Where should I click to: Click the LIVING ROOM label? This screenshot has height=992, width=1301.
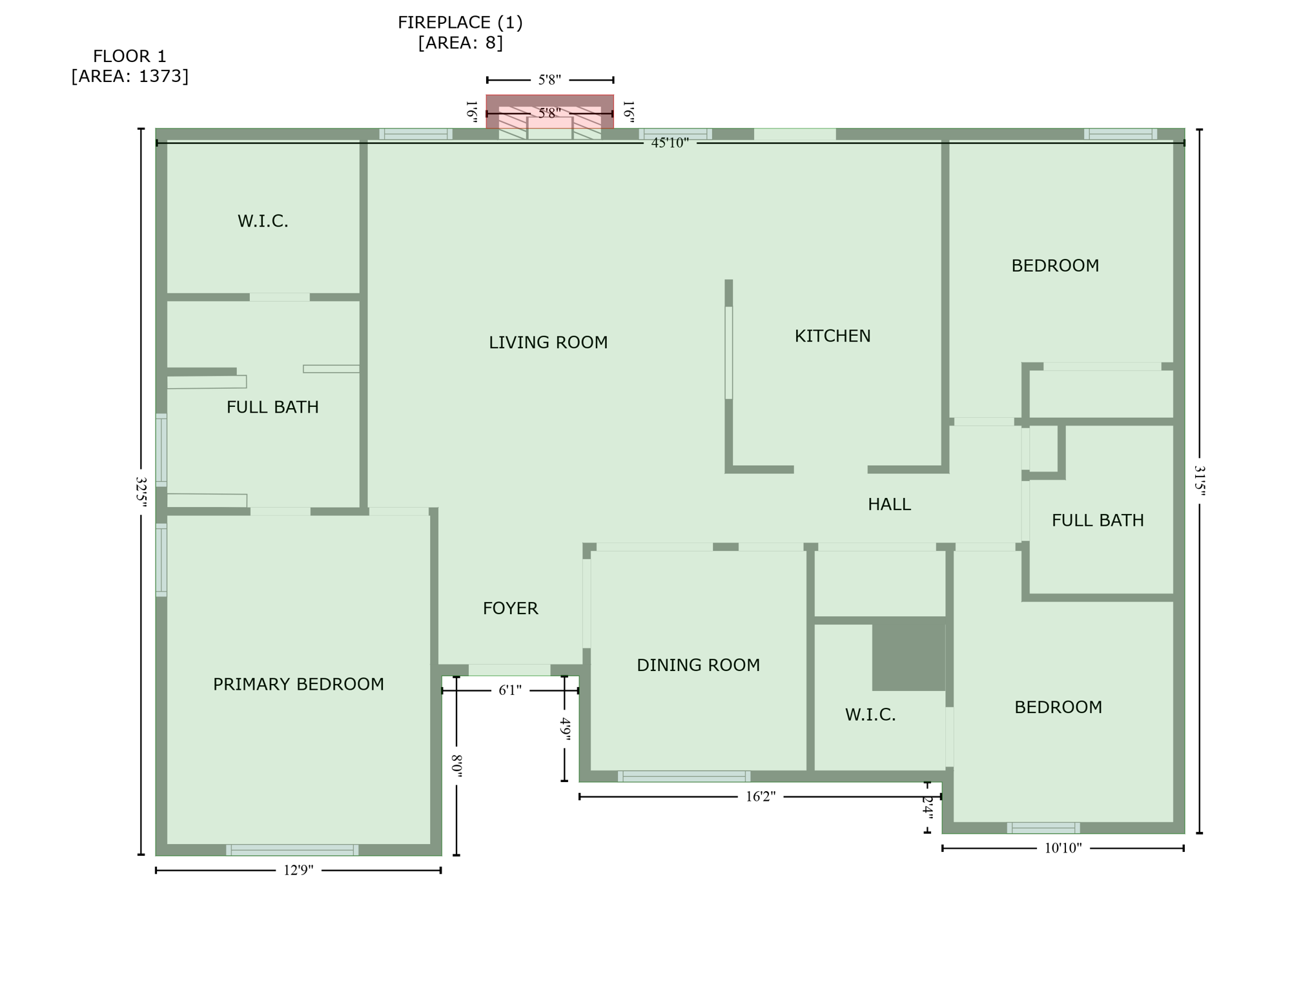[548, 343]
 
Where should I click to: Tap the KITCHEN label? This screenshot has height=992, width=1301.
[832, 336]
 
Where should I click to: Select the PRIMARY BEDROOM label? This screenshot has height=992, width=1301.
[298, 685]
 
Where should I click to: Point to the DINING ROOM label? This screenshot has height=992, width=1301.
[698, 665]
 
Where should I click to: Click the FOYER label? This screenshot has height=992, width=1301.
[510, 608]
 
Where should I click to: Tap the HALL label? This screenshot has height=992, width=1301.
[889, 504]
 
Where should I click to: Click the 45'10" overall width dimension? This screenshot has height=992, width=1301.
[670, 143]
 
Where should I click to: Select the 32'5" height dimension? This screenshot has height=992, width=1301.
[141, 492]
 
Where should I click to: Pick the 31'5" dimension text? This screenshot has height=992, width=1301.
[1199, 481]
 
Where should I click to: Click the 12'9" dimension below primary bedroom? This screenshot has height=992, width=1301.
[298, 871]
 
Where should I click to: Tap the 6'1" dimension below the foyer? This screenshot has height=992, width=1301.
[509, 690]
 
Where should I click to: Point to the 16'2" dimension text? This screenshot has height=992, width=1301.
[760, 796]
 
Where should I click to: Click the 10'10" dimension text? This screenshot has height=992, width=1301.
[1063, 848]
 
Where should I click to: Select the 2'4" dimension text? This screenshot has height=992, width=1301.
[927, 807]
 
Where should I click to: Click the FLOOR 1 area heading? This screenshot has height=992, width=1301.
[130, 66]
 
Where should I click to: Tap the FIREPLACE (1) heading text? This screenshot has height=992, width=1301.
[460, 23]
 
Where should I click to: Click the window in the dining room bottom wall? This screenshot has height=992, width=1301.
[684, 776]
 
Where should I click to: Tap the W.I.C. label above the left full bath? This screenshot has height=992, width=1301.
[263, 222]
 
